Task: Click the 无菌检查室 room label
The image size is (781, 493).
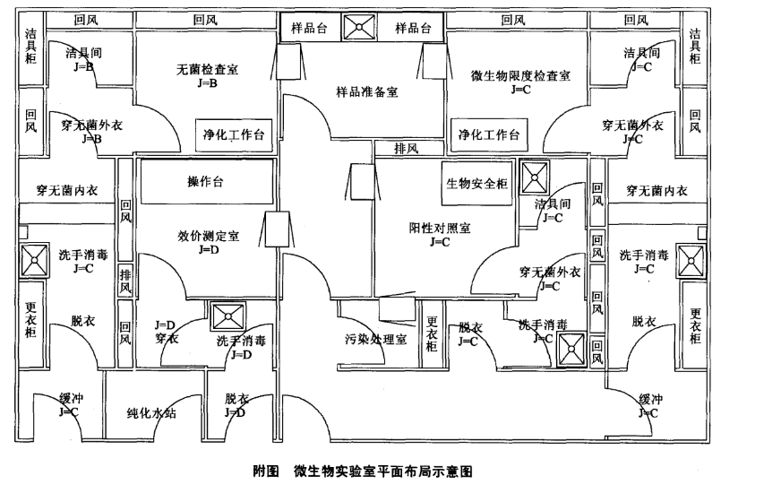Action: tap(207, 68)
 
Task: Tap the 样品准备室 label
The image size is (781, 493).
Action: tap(366, 91)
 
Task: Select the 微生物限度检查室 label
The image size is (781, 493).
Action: tap(519, 75)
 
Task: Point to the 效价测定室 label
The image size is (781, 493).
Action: tap(208, 236)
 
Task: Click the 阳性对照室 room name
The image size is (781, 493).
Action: tap(438, 228)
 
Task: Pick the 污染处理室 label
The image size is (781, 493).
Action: tap(376, 340)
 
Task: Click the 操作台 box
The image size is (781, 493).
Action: tap(205, 183)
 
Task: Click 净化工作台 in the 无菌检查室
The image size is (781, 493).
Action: tap(234, 134)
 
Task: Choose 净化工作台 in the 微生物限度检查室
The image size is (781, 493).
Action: tap(489, 134)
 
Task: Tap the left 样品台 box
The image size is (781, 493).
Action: tap(310, 28)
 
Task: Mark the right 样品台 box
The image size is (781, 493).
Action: tap(413, 28)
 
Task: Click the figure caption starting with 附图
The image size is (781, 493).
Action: tap(362, 470)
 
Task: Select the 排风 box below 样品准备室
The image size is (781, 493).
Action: tap(408, 148)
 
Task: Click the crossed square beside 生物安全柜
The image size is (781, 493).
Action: tap(536, 177)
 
